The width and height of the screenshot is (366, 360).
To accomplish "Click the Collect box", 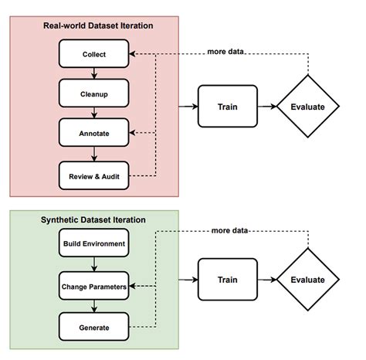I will [93, 55].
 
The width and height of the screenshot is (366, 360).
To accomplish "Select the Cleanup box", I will [93, 94].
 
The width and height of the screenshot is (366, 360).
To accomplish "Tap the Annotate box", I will [93, 134].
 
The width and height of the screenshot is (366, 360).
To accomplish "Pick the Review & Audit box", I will [93, 175].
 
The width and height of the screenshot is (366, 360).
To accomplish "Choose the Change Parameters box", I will [93, 287].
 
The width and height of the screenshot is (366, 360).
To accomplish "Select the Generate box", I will [93, 328].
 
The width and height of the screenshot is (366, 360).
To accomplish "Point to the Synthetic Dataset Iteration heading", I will [93, 220].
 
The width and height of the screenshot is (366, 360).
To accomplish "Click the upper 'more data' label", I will [226, 53].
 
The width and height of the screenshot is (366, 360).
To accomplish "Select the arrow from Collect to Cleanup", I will [93, 74].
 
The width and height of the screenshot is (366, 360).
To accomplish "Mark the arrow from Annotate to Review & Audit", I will [93, 155].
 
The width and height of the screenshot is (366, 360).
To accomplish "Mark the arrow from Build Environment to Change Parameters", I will [93, 266].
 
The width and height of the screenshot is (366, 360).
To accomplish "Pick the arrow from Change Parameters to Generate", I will [93, 307].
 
